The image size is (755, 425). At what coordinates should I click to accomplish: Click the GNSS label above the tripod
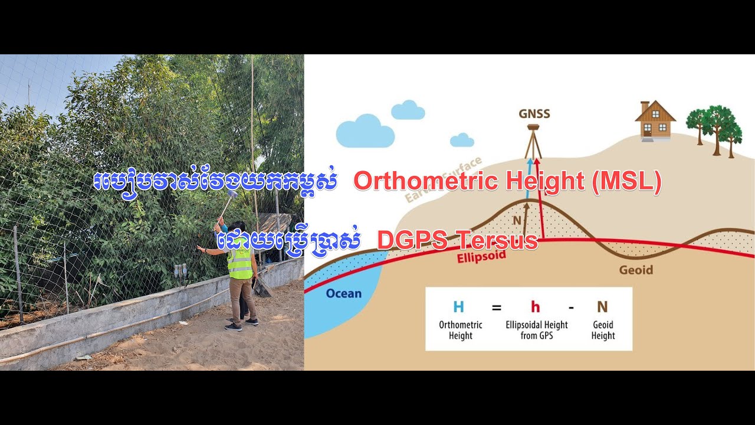click(534, 113)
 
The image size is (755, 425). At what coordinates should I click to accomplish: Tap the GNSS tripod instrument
click(534, 142)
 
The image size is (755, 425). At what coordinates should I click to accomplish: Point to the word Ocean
click(344, 293)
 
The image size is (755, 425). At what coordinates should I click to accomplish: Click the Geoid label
click(636, 270)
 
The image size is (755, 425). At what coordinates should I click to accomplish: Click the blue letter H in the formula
click(458, 307)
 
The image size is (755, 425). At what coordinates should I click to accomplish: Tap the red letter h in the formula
click(536, 307)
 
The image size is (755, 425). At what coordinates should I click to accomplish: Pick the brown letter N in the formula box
click(602, 307)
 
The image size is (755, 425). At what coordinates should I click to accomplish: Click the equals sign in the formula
click(497, 308)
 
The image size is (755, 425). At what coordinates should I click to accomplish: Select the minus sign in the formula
click(571, 308)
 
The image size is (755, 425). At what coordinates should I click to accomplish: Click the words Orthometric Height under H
click(460, 330)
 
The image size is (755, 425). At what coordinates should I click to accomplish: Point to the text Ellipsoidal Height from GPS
click(536, 330)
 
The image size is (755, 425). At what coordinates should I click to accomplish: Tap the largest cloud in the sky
click(365, 132)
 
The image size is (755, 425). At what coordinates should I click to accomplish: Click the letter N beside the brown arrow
click(517, 220)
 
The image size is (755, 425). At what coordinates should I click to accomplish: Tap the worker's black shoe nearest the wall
click(234, 327)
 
